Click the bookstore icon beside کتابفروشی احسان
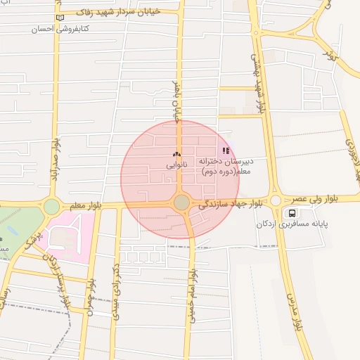point(59,18)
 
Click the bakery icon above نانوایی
point(176,154)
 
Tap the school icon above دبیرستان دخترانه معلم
point(226,150)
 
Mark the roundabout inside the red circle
point(181,202)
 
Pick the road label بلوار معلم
point(85,205)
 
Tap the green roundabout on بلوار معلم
point(51,207)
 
